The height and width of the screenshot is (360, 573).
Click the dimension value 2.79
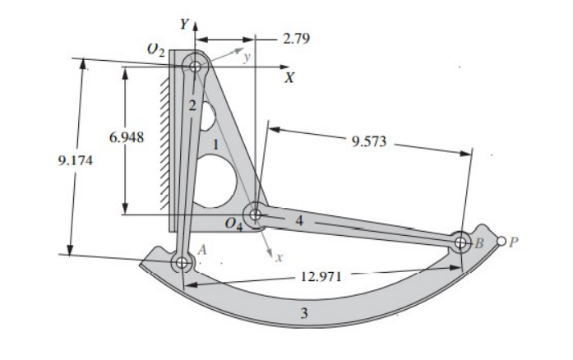(295, 39)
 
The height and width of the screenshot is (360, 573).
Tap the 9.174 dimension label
(76, 160)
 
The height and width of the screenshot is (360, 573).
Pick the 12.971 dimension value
(321, 277)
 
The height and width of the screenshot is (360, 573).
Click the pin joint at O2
(195, 64)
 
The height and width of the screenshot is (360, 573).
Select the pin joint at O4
(256, 215)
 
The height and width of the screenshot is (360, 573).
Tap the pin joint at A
(181, 262)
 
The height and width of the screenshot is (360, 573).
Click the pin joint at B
(461, 242)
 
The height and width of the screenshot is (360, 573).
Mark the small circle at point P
(501, 242)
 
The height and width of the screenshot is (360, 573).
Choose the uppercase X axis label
(289, 78)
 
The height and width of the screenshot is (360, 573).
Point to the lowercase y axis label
(246, 57)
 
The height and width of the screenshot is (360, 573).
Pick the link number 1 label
(215, 145)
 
